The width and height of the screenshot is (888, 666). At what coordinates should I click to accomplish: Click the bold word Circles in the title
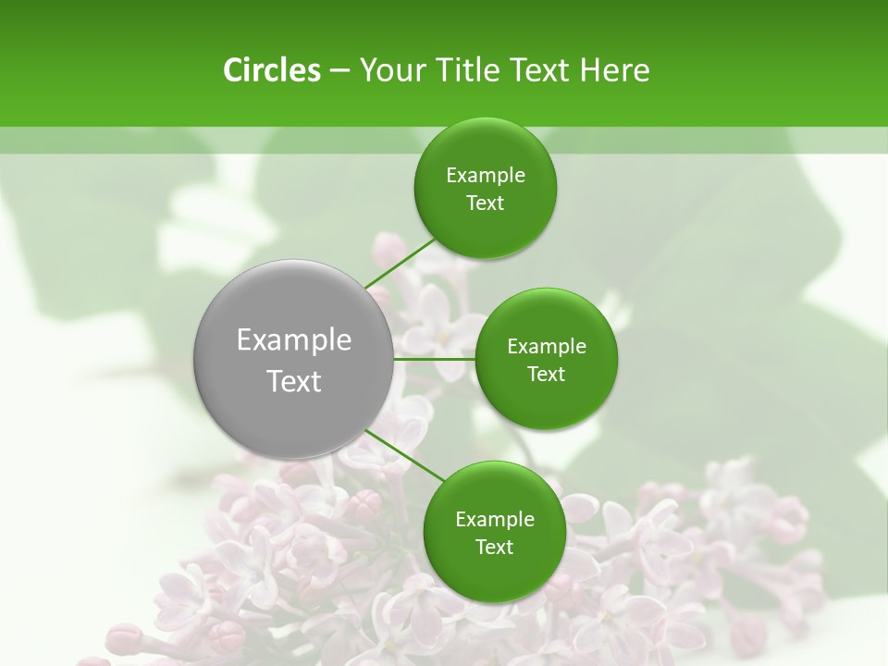271,70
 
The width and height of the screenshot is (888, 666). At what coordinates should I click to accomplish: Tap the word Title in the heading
472,70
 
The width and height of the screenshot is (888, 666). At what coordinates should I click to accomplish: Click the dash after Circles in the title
339,71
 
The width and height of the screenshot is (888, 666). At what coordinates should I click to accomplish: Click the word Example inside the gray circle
294,340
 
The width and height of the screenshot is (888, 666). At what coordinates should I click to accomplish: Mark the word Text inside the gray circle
294,381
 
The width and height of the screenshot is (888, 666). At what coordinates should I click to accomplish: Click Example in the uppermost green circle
485,176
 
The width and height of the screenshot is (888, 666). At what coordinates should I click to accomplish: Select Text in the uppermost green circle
485,203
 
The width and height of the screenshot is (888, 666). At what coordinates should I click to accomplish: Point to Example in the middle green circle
546,347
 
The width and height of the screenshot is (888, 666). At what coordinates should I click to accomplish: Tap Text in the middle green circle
546,374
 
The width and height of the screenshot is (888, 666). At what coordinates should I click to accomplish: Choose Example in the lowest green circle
494,520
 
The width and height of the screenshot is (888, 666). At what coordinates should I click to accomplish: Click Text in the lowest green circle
494,548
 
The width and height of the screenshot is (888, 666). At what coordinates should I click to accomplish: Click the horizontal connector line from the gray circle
434,359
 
